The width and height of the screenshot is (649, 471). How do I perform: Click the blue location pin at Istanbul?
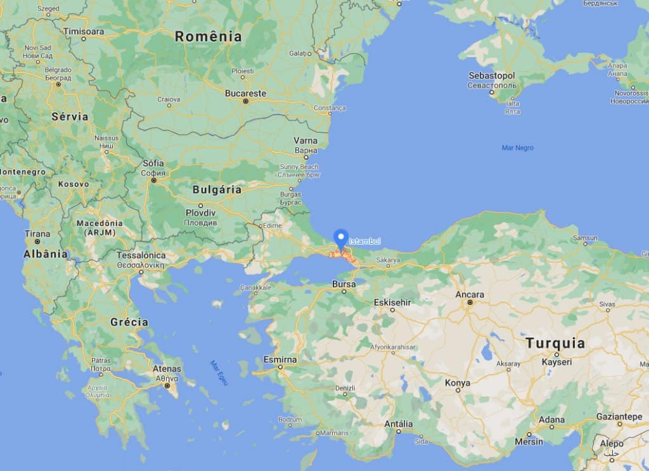[x=341, y=239]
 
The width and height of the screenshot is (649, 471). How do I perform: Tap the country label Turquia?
[x=555, y=344]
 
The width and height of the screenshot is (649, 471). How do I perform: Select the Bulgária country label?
[x=217, y=190]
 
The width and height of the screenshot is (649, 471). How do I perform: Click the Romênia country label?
[x=209, y=37]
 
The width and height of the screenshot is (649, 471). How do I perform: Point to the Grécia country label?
[x=129, y=322]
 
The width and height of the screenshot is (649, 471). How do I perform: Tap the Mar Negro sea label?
[x=517, y=148]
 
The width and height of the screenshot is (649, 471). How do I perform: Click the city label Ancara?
[x=470, y=295]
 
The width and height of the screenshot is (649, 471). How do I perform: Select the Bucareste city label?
[x=246, y=93]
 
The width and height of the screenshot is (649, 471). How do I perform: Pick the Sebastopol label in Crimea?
[x=492, y=75]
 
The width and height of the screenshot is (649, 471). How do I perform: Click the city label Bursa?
[x=344, y=284]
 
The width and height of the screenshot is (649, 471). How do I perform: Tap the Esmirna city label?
[x=280, y=359]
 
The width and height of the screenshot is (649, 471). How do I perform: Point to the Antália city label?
[x=399, y=424]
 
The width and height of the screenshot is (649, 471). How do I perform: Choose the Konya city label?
[x=457, y=383]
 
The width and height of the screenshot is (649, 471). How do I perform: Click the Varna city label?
[x=305, y=140]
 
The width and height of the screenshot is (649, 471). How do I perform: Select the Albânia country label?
[x=45, y=254]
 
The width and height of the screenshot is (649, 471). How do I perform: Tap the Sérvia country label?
[x=70, y=117]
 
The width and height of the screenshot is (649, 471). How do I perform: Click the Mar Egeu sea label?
[x=219, y=373]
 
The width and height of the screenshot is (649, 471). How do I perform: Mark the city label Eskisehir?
[x=392, y=302]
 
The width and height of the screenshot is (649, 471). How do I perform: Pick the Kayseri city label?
[x=556, y=362]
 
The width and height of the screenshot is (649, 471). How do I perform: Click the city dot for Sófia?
[x=153, y=181]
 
